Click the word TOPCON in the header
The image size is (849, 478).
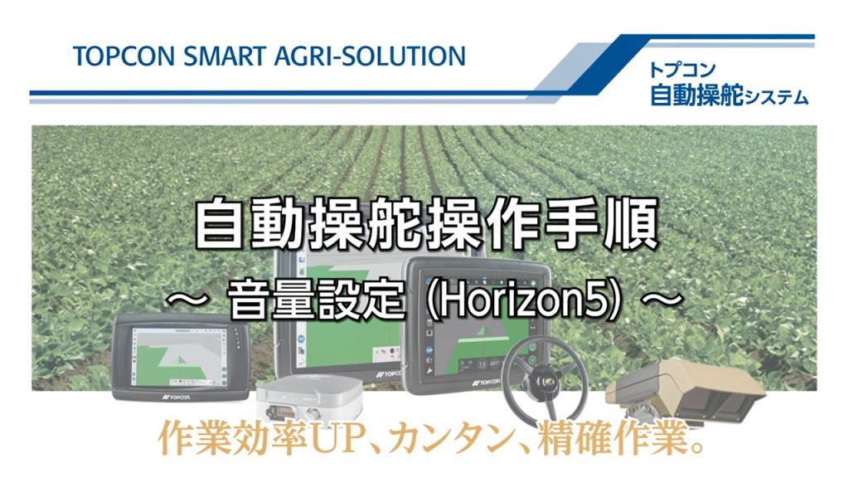pos(124,56)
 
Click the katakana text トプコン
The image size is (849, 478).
pos(682,70)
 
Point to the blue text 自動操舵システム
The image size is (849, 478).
pos(729,96)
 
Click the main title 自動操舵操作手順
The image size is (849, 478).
pos(426,223)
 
